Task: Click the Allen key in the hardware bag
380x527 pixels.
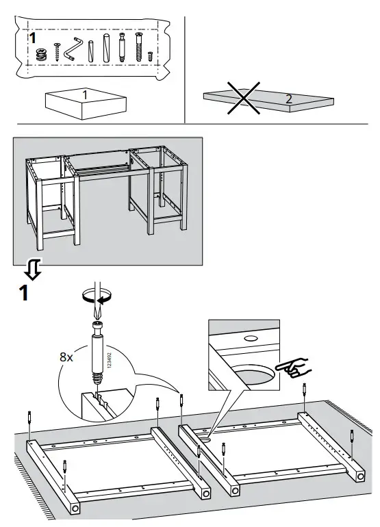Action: pyautogui.click(x=73, y=49)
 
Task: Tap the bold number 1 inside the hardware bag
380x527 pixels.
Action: pyautogui.click(x=31, y=38)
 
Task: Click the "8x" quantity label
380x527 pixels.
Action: pyautogui.click(x=66, y=357)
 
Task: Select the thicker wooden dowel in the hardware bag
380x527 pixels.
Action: pyautogui.click(x=106, y=49)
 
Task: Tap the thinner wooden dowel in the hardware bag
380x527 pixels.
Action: pyautogui.click(x=90, y=49)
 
